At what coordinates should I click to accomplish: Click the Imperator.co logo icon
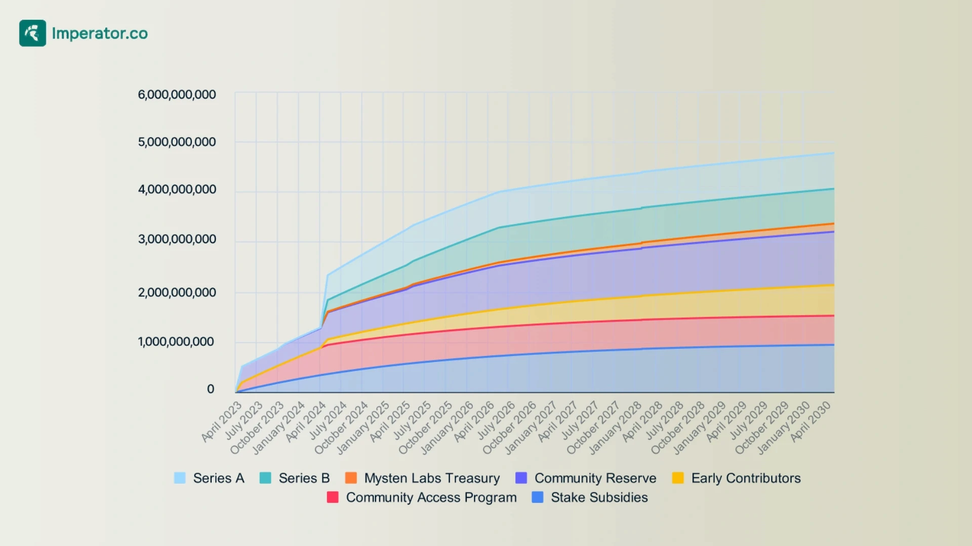[32, 33]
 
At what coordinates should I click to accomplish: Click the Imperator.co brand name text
[100, 33]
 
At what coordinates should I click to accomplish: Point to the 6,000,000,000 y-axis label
[177, 95]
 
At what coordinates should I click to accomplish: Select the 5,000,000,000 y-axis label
[177, 142]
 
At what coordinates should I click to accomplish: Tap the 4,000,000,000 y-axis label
[177, 190]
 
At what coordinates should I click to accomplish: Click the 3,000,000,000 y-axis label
[177, 239]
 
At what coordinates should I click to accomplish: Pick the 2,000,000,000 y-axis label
[177, 292]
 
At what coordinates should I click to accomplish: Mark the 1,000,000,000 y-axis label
[177, 342]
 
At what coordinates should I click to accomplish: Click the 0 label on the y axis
[211, 389]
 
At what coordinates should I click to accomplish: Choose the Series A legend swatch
[180, 478]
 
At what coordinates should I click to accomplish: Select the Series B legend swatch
[265, 478]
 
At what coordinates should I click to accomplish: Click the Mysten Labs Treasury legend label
[432, 478]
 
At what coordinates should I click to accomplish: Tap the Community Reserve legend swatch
[521, 478]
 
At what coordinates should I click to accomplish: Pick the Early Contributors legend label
[746, 478]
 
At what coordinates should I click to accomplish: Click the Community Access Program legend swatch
[333, 497]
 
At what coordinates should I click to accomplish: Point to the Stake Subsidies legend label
[599, 497]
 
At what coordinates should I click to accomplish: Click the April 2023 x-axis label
[222, 422]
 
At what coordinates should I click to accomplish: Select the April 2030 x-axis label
[811, 422]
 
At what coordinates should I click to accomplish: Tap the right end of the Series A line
[834, 153]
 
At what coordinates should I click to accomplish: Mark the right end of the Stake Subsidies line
[834, 345]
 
